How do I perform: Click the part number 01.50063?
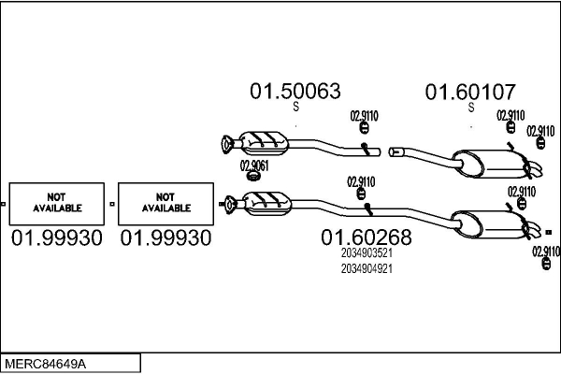pos(295,92)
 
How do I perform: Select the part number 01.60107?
pos(470,92)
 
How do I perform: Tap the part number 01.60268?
pos(366,237)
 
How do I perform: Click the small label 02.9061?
pos(254,166)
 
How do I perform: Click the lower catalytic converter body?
pos(266,198)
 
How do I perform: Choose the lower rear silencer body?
pos(486,222)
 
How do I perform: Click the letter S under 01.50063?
pos(296,108)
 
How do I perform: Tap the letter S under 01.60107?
pos(471,108)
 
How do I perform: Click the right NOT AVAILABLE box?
pos(165,202)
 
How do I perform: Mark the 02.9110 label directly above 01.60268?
pos(362,181)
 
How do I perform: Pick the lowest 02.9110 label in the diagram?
pos(546,251)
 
